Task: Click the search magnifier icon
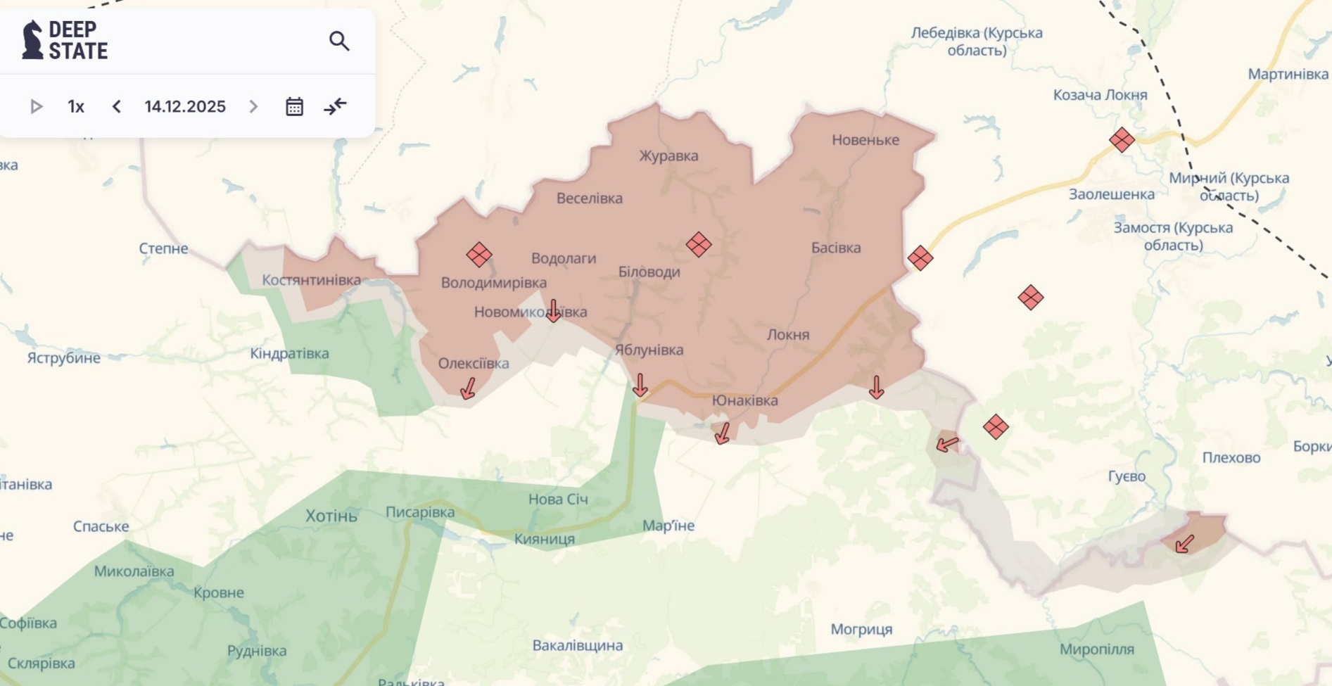pyautogui.click(x=339, y=42)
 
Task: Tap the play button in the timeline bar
pyautogui.click(x=36, y=107)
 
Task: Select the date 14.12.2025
pyautogui.click(x=185, y=107)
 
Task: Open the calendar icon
pyautogui.click(x=294, y=107)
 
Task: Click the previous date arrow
pyautogui.click(x=117, y=107)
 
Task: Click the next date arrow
pyautogui.click(x=253, y=107)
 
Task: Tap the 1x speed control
pyautogui.click(x=76, y=107)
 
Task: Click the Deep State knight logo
pyautogui.click(x=32, y=39)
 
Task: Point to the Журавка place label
pyautogui.click(x=668, y=155)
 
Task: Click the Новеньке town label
pyautogui.click(x=865, y=140)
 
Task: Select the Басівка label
pyautogui.click(x=835, y=248)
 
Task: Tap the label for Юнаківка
pyautogui.click(x=744, y=400)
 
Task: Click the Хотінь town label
pyautogui.click(x=331, y=516)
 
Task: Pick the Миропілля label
pyautogui.click(x=1096, y=649)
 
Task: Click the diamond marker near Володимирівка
pyautogui.click(x=479, y=255)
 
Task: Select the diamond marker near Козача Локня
pyautogui.click(x=1122, y=140)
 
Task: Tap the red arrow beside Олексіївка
pyautogui.click(x=468, y=388)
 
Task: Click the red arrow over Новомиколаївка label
pyautogui.click(x=554, y=311)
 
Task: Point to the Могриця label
pyautogui.click(x=861, y=629)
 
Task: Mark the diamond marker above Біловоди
pyautogui.click(x=699, y=245)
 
